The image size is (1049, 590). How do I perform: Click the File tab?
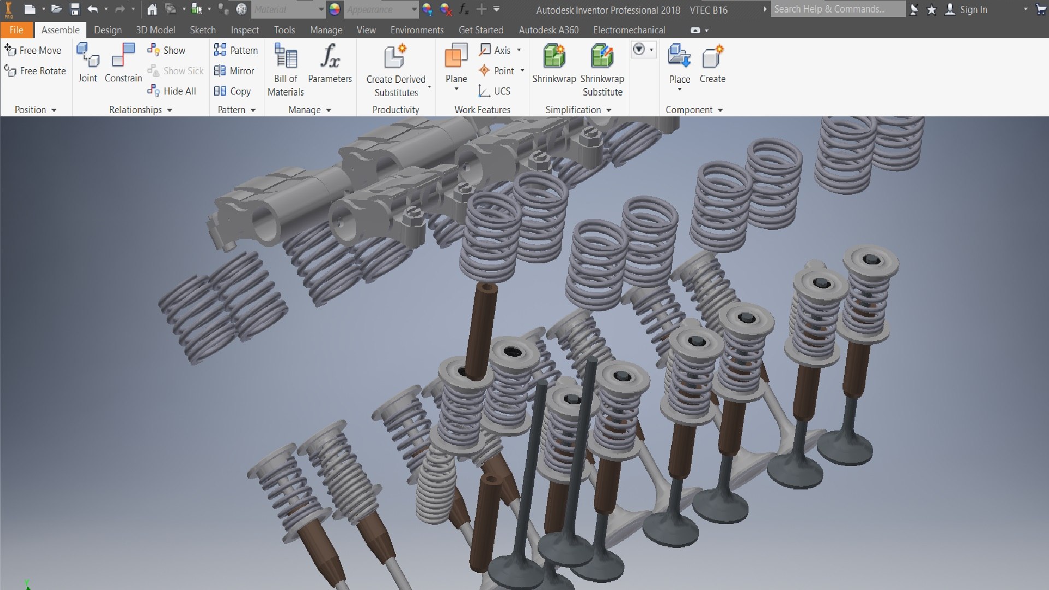pyautogui.click(x=16, y=30)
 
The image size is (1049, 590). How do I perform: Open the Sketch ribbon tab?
pyautogui.click(x=203, y=30)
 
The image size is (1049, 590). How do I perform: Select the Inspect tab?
pyautogui.click(x=245, y=30)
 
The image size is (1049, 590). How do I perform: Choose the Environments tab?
pyautogui.click(x=417, y=30)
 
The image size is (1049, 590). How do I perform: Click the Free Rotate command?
pyautogui.click(x=35, y=70)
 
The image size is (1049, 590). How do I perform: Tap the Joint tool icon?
pyautogui.click(x=87, y=55)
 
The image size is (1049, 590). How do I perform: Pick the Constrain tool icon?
pyautogui.click(x=123, y=55)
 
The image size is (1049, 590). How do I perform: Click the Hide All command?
pyautogui.click(x=172, y=91)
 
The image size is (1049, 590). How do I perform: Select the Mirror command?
pyautogui.click(x=234, y=70)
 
